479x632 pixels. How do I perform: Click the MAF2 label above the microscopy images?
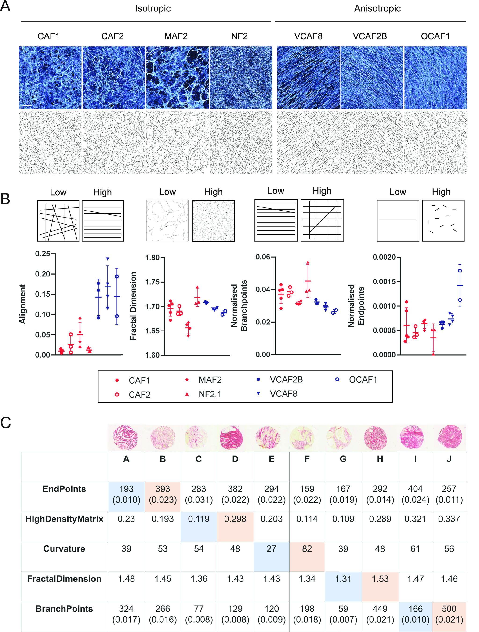click(x=176, y=36)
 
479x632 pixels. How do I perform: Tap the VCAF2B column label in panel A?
click(x=370, y=36)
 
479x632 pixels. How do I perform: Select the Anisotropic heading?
click(x=377, y=9)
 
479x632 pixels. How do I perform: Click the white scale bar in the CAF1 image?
click(x=27, y=106)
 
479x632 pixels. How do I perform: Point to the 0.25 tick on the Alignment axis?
click(x=42, y=254)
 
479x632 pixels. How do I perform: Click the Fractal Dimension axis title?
click(x=133, y=306)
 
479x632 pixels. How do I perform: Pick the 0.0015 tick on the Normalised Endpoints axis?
click(x=385, y=282)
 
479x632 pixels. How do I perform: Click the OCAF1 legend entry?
click(x=363, y=380)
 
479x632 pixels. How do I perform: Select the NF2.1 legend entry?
click(x=210, y=394)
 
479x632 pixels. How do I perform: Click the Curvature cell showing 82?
click(x=307, y=549)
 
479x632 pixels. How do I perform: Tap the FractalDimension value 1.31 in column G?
click(x=343, y=579)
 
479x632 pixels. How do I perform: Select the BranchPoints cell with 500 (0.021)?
click(x=449, y=614)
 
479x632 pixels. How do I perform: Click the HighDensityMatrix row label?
click(x=64, y=519)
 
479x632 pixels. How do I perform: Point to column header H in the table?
click(x=380, y=459)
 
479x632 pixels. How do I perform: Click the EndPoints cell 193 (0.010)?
click(x=126, y=494)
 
